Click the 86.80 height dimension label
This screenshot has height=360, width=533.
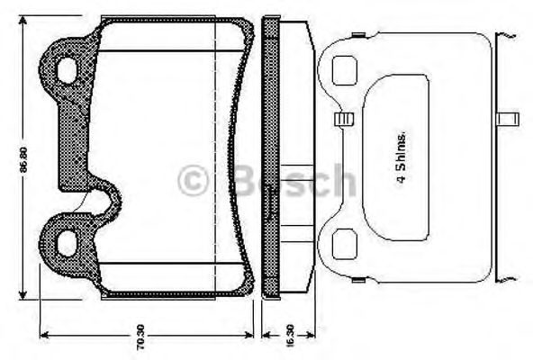coord(28,159)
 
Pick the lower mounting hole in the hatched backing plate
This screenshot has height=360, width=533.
coord(68,240)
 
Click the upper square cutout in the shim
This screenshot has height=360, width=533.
coord(344,69)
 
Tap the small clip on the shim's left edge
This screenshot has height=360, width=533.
coord(340,119)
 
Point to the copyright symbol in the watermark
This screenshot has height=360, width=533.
coord(192,180)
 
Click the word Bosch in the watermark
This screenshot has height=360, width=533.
coord(286,180)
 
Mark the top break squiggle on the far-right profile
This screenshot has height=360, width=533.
coord(510,34)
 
